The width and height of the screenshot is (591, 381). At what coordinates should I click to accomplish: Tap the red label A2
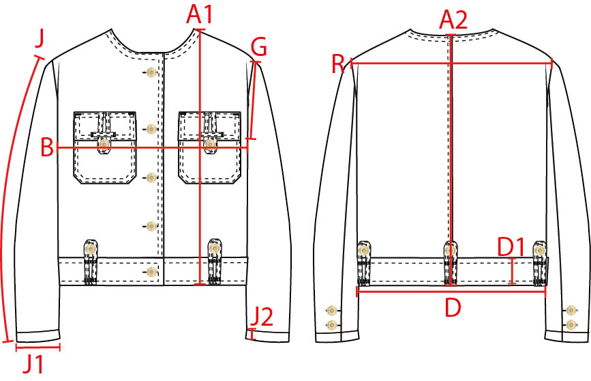[x=453, y=20]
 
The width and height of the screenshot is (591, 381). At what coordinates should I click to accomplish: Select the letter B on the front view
[x=47, y=147]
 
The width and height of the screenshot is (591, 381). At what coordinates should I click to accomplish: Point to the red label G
[x=259, y=47]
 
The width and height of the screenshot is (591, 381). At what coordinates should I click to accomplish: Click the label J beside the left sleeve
[x=40, y=38]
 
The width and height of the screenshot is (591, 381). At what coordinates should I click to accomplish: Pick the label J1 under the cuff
[x=33, y=364]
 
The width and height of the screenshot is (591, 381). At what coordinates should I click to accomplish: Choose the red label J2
[x=262, y=316]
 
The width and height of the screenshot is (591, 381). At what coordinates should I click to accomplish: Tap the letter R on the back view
[x=337, y=63]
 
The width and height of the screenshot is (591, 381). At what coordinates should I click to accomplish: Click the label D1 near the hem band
[x=511, y=247]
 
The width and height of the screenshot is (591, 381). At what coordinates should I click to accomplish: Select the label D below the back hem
[x=453, y=307]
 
